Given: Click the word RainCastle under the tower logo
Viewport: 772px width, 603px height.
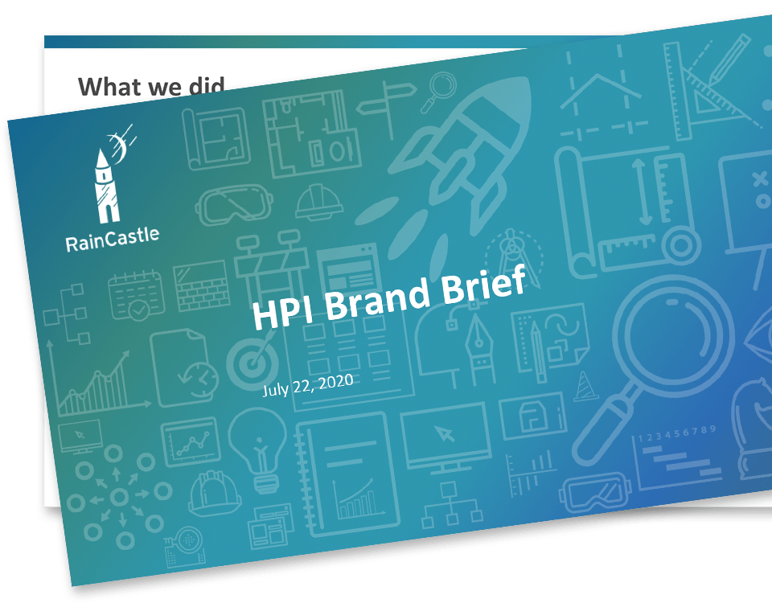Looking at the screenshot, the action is tap(113, 240).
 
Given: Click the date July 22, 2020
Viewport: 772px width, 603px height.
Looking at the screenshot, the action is tap(308, 384).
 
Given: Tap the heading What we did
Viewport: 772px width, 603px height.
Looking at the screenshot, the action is tap(151, 86).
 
